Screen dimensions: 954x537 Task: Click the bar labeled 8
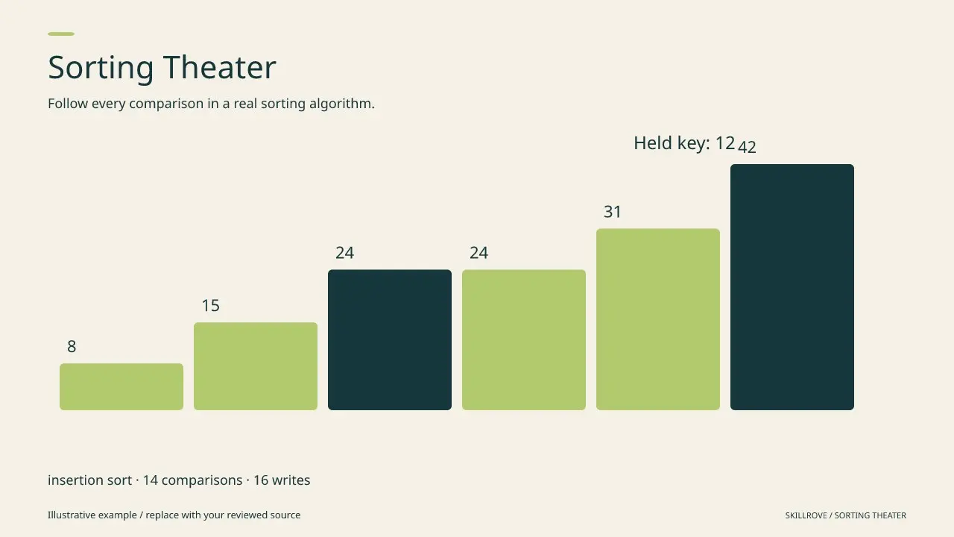point(121,386)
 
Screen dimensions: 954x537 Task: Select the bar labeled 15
point(256,366)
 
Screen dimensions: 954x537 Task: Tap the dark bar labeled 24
point(390,339)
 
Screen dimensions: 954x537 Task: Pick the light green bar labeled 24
point(524,339)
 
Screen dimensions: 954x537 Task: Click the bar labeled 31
point(658,319)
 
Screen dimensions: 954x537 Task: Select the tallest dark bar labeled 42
point(792,287)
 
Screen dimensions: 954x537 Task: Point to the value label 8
point(72,347)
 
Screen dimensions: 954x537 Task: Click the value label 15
point(210,306)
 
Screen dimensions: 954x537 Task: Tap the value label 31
point(613,212)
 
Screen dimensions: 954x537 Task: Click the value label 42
point(747,147)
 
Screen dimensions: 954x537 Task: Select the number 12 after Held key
point(725,143)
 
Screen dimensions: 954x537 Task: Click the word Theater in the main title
point(220,67)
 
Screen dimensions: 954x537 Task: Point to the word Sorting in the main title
point(101,68)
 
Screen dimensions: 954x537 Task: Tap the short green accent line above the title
point(61,34)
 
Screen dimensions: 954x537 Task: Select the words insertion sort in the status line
point(90,480)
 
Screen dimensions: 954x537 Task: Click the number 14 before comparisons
point(151,480)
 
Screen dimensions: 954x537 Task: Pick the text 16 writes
point(282,480)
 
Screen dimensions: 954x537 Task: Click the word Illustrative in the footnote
point(72,515)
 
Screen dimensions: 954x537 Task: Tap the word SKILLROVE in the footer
point(806,515)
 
